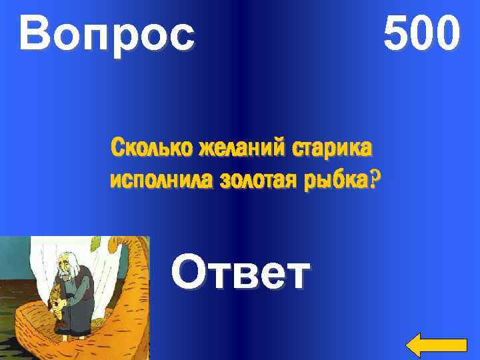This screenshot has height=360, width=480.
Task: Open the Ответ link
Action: (x=241, y=273)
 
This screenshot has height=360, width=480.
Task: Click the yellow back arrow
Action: (x=436, y=344)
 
